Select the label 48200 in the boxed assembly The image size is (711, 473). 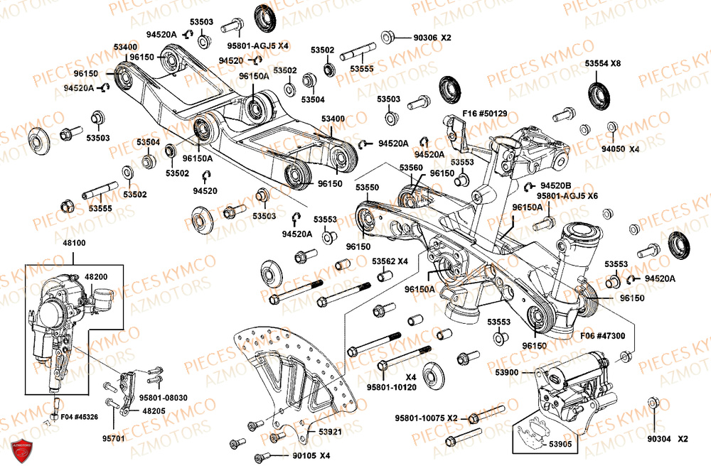pyautogui.click(x=97, y=276)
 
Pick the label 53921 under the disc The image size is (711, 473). pyautogui.click(x=329, y=431)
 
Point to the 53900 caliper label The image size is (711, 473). pyautogui.click(x=509, y=372)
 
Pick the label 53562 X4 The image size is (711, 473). pyautogui.click(x=390, y=261)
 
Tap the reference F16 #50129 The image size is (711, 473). pyautogui.click(x=486, y=114)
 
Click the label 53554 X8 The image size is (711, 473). pyautogui.click(x=603, y=63)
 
